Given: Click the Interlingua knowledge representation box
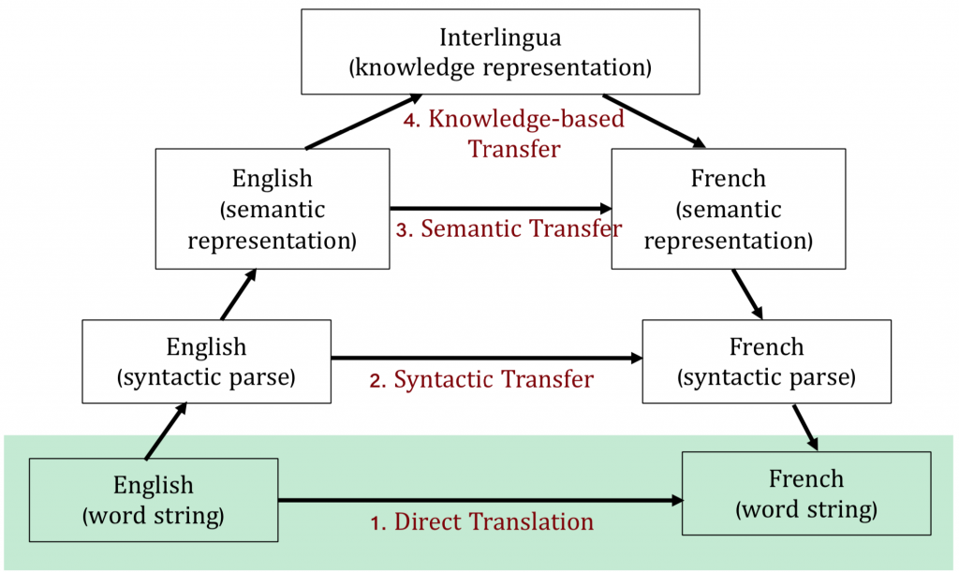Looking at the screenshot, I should coord(500,52).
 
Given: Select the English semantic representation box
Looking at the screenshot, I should coord(273,209).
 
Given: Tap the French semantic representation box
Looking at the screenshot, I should coord(728,209).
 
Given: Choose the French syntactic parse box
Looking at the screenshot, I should coord(766,363).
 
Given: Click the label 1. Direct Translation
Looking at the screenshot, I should coord(482,521).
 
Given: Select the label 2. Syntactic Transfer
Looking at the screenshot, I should coord(482,379).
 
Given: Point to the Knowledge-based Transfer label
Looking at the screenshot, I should coord(514,134).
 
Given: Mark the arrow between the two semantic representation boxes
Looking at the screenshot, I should coord(500,208).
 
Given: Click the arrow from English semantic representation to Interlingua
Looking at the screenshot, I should coord(362,123).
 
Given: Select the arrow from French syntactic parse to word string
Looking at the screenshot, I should coord(805,427).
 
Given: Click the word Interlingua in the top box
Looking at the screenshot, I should coord(499,38).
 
